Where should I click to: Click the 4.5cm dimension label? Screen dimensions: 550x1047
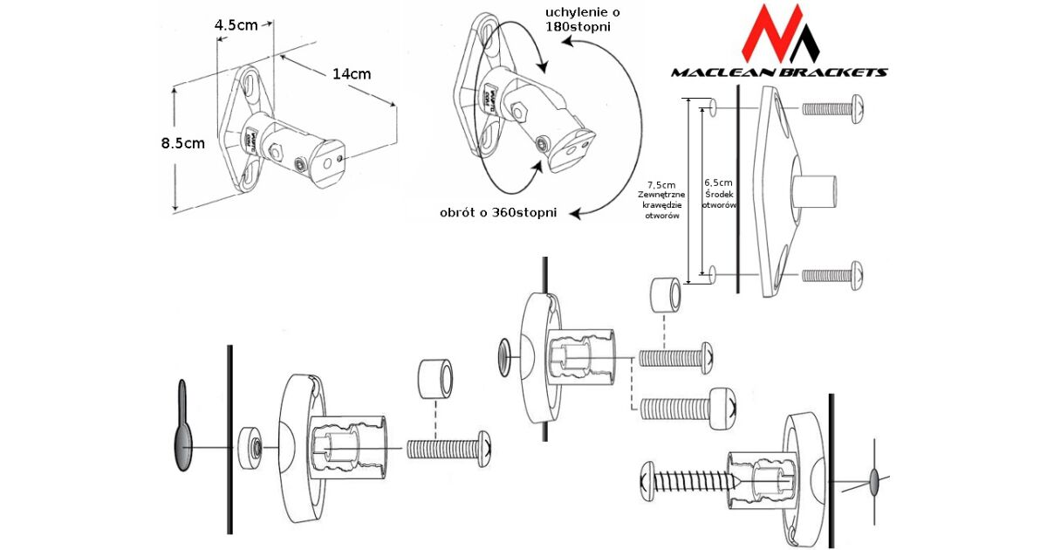(x=236, y=24)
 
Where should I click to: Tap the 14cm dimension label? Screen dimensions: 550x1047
(x=352, y=73)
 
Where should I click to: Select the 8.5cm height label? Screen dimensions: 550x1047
(x=183, y=143)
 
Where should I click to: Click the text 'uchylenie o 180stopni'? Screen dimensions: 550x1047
(x=577, y=19)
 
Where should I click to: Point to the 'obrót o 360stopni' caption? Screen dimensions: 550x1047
(x=498, y=213)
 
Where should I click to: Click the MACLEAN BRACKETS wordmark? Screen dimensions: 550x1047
(x=779, y=72)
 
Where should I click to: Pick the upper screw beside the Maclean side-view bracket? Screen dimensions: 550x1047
(x=834, y=109)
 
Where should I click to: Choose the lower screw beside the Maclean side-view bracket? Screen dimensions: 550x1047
(x=834, y=275)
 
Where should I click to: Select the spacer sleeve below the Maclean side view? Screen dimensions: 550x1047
(x=666, y=298)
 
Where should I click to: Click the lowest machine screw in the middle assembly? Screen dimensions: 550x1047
(x=690, y=407)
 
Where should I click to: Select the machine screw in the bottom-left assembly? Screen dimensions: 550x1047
(x=450, y=449)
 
